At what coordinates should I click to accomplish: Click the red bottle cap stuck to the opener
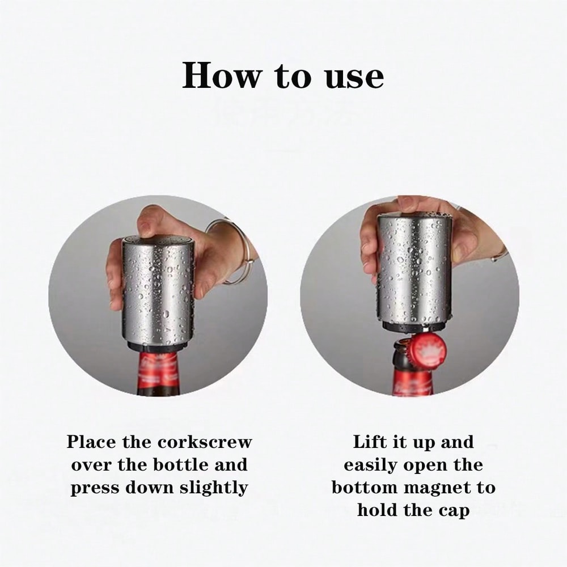pos(428,350)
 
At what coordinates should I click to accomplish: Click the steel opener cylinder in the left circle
pos(159,289)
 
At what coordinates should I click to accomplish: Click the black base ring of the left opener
pos(158,346)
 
